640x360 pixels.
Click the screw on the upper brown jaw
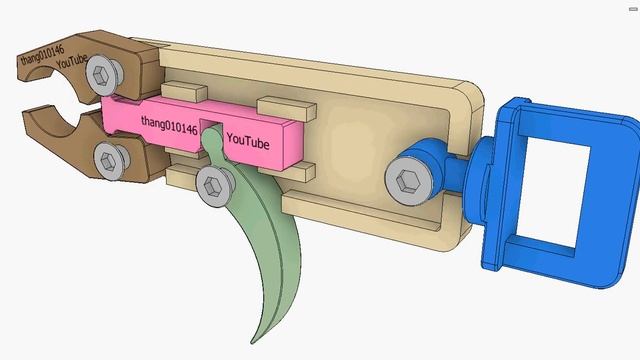[x=102, y=72]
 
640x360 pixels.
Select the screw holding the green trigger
[x=214, y=184]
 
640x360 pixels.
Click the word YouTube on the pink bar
[x=248, y=142]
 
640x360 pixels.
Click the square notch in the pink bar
[x=212, y=131]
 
